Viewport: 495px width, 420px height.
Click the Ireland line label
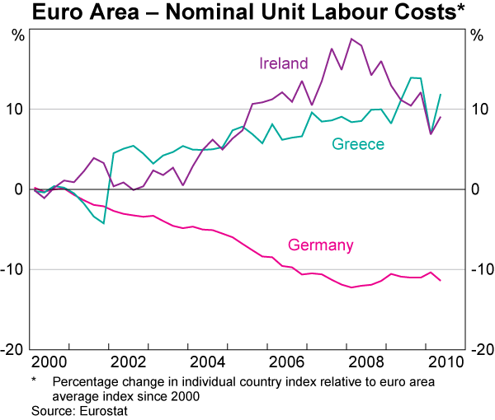point(283,63)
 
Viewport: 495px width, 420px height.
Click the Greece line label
point(358,144)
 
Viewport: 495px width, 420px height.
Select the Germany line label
point(320,245)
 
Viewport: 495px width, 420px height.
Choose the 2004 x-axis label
point(210,362)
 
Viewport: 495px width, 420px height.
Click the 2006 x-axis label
point(290,362)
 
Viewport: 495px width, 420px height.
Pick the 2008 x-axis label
point(371,362)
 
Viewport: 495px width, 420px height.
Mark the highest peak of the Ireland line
point(352,39)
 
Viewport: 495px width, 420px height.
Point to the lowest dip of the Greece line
point(104,223)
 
